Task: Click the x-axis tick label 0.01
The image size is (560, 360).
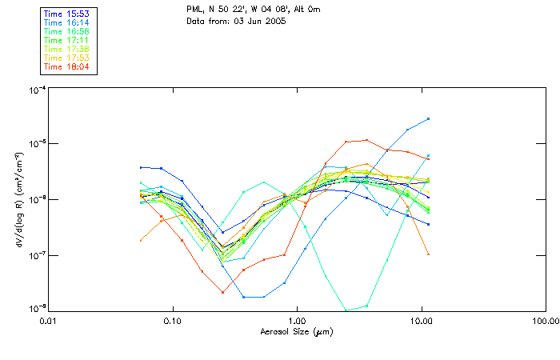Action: pos(49,322)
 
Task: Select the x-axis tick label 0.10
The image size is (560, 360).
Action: pos(172,322)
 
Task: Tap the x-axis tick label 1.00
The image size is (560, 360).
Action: pos(297,322)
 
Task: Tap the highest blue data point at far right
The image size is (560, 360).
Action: pos(429,118)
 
